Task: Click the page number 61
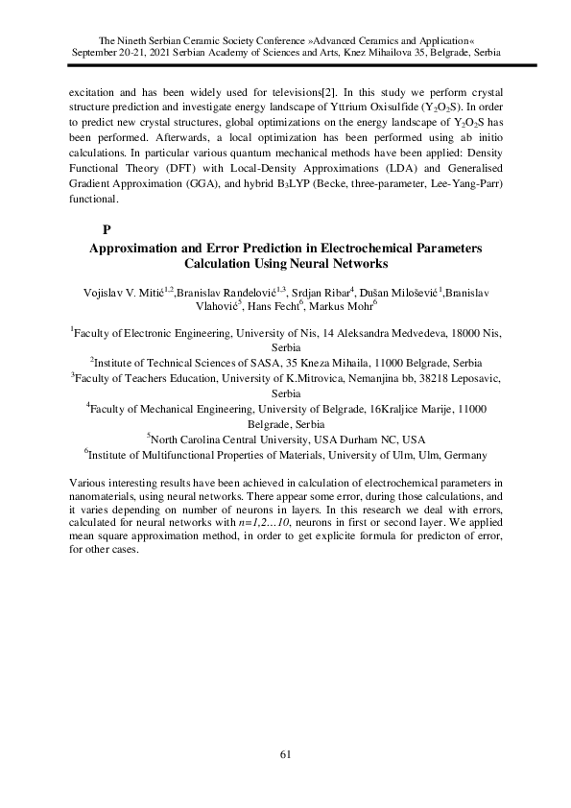point(285,753)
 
